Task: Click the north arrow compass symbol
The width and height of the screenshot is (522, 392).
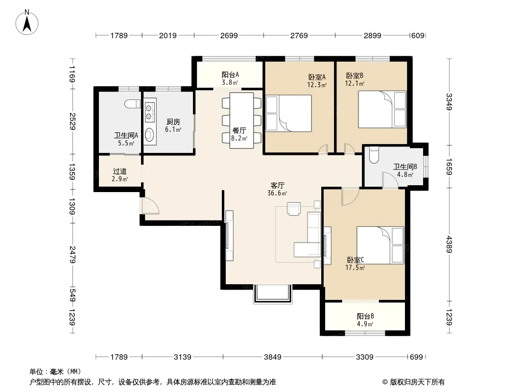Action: tap(27, 22)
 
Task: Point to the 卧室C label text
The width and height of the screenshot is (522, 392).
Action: tap(355, 260)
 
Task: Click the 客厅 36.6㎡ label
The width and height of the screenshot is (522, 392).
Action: tap(277, 189)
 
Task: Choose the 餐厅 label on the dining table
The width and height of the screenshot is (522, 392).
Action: tap(239, 130)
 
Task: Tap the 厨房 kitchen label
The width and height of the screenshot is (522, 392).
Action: tap(173, 122)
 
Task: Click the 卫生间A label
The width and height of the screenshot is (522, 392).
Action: tap(126, 135)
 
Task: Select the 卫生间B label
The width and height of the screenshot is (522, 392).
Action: tap(405, 167)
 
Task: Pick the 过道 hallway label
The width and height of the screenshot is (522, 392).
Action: tap(120, 171)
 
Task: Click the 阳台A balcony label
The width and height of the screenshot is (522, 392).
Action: tap(230, 74)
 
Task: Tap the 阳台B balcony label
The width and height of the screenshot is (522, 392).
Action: tap(365, 316)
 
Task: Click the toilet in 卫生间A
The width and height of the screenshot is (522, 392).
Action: tap(132, 104)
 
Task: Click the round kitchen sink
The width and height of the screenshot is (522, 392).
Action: tap(150, 135)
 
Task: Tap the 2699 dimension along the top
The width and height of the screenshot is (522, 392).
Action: tap(229, 35)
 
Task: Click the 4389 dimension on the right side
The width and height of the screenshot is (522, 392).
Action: tap(450, 245)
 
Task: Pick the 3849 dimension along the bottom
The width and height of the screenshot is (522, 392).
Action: tap(273, 357)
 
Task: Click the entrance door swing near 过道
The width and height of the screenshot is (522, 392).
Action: tap(150, 205)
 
